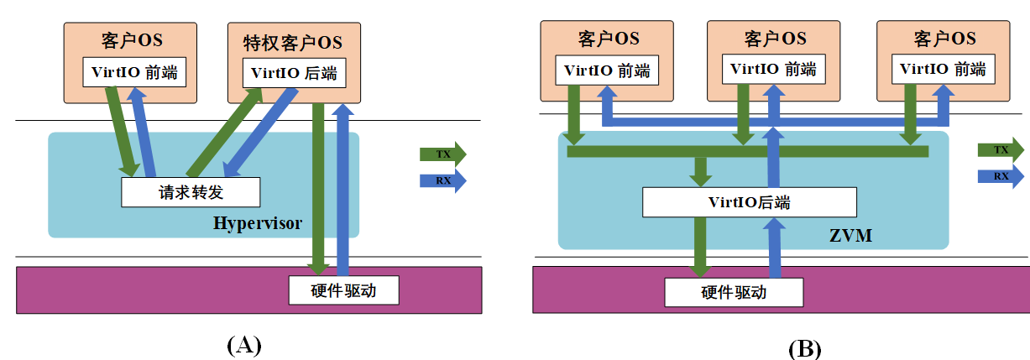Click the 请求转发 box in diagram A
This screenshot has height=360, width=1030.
[191, 192]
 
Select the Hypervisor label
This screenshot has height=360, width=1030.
[257, 223]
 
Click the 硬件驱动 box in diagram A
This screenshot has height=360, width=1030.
[342, 290]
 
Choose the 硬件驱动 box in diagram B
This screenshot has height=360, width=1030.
[734, 292]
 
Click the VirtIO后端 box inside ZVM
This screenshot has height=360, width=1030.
[749, 202]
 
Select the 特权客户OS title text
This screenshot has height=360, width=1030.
[293, 42]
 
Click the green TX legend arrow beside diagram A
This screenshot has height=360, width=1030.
[442, 154]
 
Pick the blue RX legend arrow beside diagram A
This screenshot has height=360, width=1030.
[442, 180]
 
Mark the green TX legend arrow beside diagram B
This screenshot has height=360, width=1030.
[1000, 149]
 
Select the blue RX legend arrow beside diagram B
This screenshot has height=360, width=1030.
[1000, 176]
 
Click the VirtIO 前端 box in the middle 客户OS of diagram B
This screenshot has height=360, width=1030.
[772, 70]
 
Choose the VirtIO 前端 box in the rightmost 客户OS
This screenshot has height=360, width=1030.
[942, 70]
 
